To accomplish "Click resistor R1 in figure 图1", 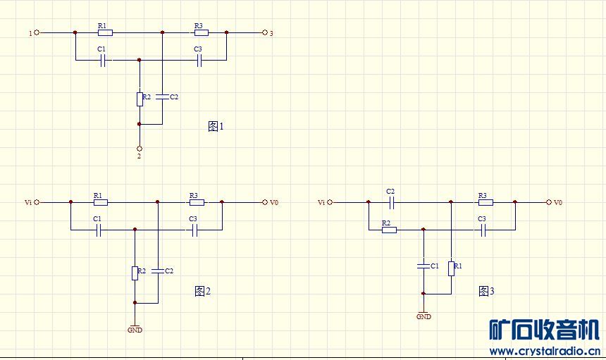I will [104, 32].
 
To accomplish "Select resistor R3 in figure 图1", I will [200, 32].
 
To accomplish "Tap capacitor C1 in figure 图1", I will [103, 61].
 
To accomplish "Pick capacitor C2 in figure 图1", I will [162, 97].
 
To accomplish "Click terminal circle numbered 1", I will [37, 32].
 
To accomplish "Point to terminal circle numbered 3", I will [264, 32].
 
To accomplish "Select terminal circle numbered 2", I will [140, 149].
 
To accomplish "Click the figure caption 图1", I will [216, 127].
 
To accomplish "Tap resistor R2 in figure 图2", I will [134, 272].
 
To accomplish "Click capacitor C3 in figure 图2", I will [194, 230].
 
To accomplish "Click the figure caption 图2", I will [202, 291].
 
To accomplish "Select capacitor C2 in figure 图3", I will [392, 202].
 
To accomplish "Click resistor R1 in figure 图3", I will [451, 268].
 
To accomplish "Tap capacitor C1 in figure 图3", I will [423, 266].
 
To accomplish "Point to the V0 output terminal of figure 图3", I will [549, 202].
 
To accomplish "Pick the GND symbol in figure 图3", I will [423, 314].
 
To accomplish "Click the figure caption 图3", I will [486, 291].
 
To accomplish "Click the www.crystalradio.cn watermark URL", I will [544, 350].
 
